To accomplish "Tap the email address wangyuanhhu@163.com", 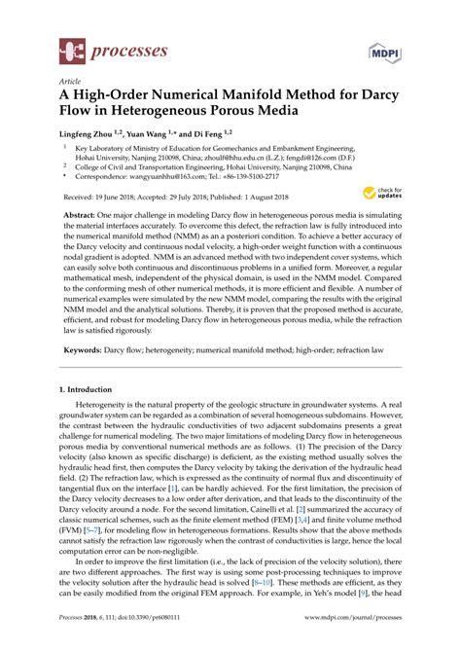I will point(159,178).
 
